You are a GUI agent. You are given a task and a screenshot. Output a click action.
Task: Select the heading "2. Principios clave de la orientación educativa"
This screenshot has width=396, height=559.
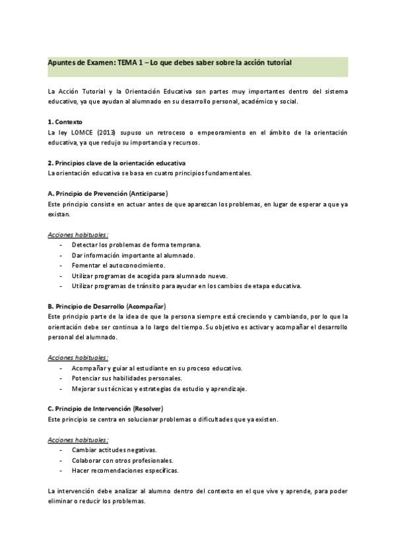pos(117,163)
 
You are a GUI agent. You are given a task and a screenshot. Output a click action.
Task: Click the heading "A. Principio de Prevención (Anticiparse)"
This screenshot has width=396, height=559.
pos(108,194)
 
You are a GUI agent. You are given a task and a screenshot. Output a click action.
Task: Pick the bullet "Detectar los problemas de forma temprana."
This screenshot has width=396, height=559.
pos(137,245)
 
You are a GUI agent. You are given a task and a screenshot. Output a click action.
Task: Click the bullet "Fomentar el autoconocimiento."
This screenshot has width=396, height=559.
pos(119,265)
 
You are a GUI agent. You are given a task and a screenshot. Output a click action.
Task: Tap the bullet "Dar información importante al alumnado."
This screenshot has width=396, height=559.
pos(133,255)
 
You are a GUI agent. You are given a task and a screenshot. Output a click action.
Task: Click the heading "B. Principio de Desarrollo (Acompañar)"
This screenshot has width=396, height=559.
pos(107,307)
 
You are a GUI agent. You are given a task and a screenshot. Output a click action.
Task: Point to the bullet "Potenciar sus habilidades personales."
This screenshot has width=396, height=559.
pos(127,378)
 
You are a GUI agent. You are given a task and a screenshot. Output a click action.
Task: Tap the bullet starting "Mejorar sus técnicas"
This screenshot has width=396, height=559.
pos(160,389)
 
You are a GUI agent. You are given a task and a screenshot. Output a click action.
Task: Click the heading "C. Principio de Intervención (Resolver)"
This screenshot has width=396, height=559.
pos(106,409)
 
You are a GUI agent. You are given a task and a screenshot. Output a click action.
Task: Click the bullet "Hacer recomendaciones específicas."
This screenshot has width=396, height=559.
pos(125,471)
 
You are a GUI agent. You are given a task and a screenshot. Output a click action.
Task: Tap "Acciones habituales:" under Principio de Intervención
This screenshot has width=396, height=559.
pos(79,439)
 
